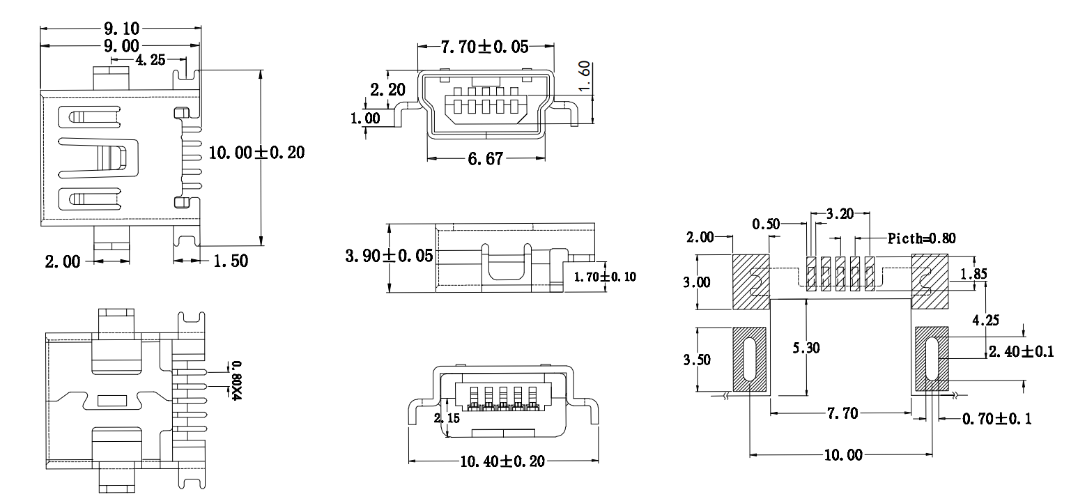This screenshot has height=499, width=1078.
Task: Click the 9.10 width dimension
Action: [x=122, y=29]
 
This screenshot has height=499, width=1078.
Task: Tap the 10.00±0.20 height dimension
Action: [x=256, y=153]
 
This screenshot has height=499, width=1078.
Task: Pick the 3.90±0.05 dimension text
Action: [x=389, y=256]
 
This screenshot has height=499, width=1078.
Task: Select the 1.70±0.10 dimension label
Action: [x=604, y=277]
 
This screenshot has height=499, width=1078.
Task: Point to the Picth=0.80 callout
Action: [x=921, y=238]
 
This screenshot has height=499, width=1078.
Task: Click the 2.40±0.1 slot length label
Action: [x=1021, y=352]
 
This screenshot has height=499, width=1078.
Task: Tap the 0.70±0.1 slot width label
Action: [x=996, y=419]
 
